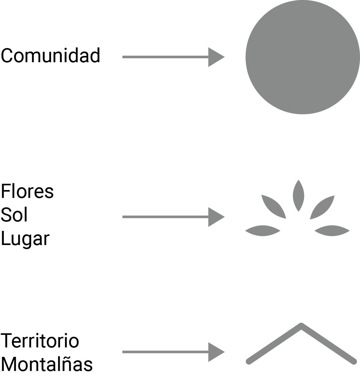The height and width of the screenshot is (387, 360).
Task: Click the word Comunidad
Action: click(50, 56)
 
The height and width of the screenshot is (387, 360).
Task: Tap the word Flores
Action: click(27, 191)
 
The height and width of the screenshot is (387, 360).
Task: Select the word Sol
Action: click(14, 215)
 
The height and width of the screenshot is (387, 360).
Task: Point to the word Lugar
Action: click(25, 239)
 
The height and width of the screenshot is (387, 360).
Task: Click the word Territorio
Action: click(40, 341)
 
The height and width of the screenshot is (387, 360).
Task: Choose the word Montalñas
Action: click(47, 364)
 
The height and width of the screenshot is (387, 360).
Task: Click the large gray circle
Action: click(302, 57)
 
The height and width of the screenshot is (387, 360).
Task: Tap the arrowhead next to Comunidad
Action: click(216, 57)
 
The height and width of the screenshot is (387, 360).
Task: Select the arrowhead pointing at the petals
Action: click(216, 217)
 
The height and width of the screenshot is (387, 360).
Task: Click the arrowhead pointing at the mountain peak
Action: click(216, 352)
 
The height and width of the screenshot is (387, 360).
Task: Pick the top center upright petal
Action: click(298, 195)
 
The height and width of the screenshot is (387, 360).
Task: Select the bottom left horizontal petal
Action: click(263, 231)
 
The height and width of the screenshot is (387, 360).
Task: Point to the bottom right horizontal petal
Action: click(332, 231)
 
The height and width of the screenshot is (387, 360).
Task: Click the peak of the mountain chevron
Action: click(301, 326)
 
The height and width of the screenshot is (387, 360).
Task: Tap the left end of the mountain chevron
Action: click(249, 361)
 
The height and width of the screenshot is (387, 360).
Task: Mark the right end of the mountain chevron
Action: click(354, 361)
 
